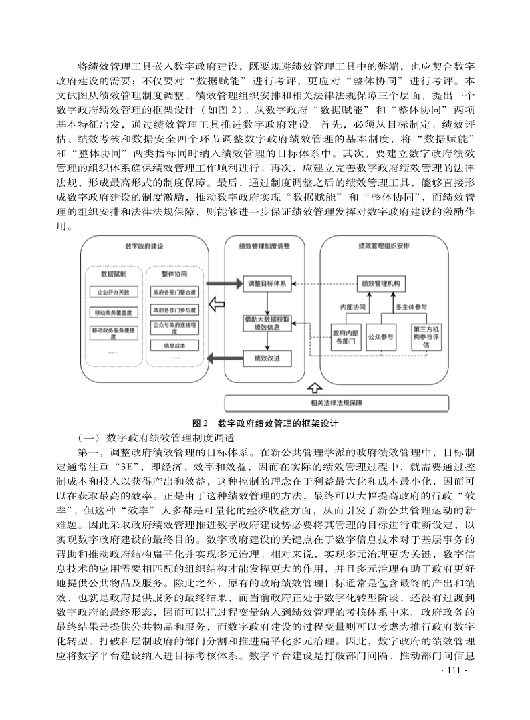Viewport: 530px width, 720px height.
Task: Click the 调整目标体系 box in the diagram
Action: click(266, 283)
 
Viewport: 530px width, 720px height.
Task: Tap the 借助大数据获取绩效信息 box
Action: click(267, 324)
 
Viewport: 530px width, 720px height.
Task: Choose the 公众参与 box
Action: click(381, 336)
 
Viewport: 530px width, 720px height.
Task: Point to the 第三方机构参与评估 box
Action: click(426, 336)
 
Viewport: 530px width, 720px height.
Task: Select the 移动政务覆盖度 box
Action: click(113, 312)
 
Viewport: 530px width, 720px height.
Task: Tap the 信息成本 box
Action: click(174, 346)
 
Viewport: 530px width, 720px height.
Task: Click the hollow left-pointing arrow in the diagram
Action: click(217, 306)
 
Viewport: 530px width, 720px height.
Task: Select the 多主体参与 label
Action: click(412, 308)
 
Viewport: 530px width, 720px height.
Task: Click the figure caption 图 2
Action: click(200, 423)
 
